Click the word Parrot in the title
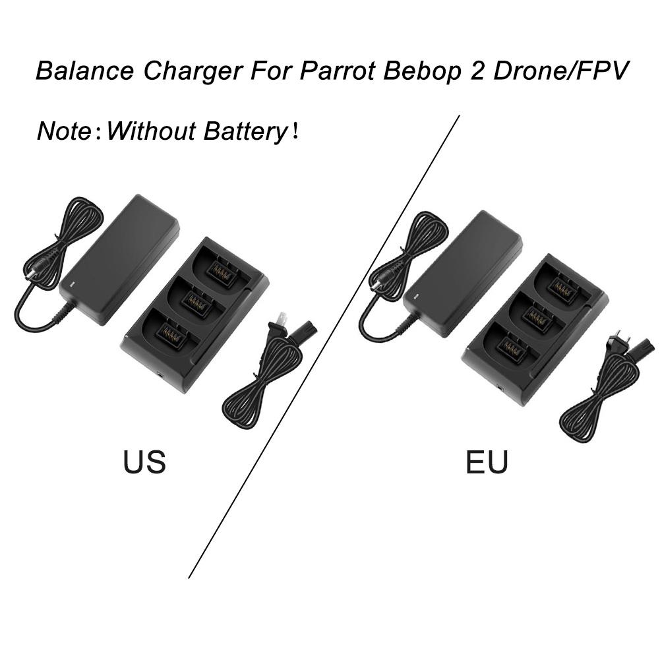337,71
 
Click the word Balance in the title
84,71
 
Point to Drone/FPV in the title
560,71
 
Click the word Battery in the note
245,131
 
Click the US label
144,462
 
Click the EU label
487,462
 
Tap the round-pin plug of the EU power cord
616,340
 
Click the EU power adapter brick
462,274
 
